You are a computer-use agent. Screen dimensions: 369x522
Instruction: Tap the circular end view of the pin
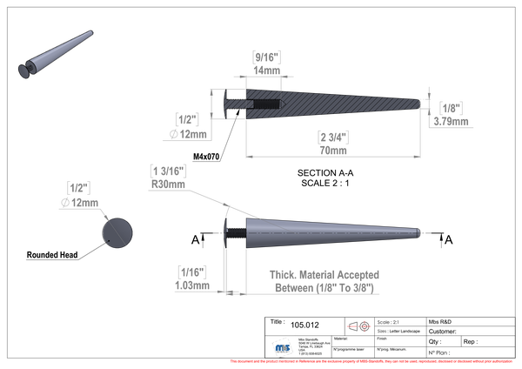click(x=118, y=232)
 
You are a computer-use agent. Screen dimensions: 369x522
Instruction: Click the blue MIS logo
click(x=282, y=346)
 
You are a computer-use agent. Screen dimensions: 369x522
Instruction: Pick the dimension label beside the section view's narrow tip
click(x=448, y=112)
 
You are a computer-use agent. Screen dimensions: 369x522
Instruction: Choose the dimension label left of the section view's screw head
click(x=190, y=124)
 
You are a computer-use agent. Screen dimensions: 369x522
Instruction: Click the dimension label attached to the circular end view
click(x=81, y=193)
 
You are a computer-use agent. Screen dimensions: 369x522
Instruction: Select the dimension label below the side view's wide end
click(x=191, y=275)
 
